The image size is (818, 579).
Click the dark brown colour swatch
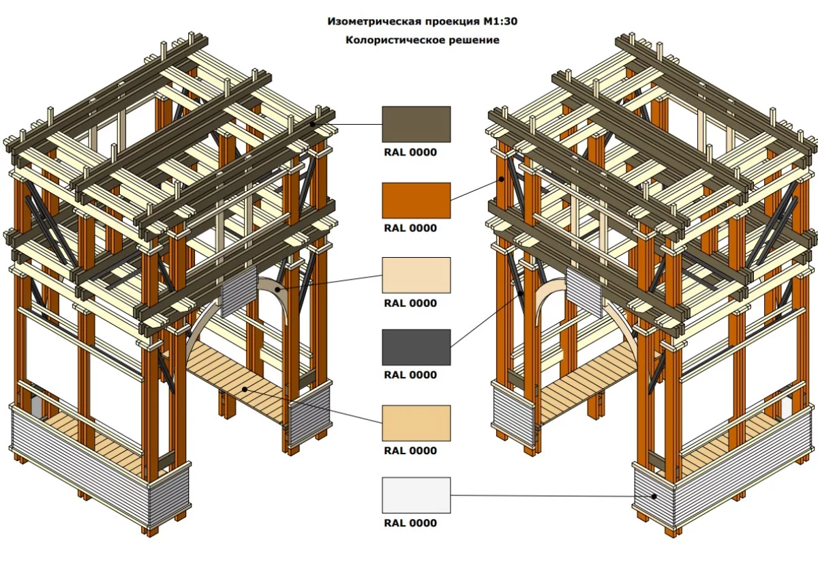416,124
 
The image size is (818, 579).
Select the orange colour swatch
416,200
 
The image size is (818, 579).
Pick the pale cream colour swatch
416,275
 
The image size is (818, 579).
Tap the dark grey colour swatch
416,347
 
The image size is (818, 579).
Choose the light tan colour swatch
416,423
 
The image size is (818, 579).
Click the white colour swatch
416,495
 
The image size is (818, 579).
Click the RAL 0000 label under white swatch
410,524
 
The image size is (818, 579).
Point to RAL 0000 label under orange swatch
410,228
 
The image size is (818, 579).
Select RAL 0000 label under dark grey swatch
410,375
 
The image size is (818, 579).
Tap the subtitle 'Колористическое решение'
422,40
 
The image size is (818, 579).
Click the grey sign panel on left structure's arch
238,291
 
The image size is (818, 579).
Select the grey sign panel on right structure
584,292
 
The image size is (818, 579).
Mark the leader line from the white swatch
545,496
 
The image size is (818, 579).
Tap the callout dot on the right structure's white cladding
654,496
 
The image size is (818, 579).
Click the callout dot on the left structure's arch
277,289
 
